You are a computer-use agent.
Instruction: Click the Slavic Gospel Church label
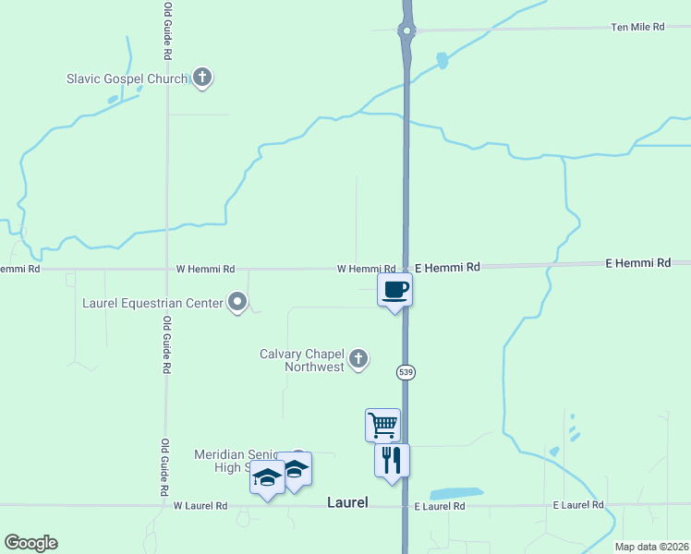pyautogui.click(x=127, y=78)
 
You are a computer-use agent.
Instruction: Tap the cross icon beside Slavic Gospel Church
pyautogui.click(x=202, y=78)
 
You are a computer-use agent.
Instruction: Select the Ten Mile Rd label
pyautogui.click(x=637, y=28)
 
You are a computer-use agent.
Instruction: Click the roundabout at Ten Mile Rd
pyautogui.click(x=406, y=30)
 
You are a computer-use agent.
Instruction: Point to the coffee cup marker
pyautogui.click(x=394, y=290)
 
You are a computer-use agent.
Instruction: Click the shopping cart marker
pyautogui.click(x=382, y=425)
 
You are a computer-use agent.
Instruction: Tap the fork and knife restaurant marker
pyautogui.click(x=392, y=460)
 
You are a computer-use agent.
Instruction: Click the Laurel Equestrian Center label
pyautogui.click(x=152, y=303)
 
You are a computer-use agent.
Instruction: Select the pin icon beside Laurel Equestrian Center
pyautogui.click(x=238, y=302)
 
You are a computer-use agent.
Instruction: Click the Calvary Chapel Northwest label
pyautogui.click(x=302, y=360)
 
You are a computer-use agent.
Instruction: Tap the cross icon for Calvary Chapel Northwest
pyautogui.click(x=358, y=359)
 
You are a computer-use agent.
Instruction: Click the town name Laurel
pyautogui.click(x=347, y=503)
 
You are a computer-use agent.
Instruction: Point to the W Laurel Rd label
pyautogui.click(x=200, y=506)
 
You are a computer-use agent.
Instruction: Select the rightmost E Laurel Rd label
pyautogui.click(x=578, y=505)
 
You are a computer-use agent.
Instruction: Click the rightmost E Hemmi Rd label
pyautogui.click(x=637, y=263)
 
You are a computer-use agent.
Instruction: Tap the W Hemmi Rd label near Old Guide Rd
pyautogui.click(x=205, y=269)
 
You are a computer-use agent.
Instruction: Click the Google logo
pyautogui.click(x=30, y=543)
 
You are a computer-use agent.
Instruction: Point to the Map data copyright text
pyautogui.click(x=650, y=547)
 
